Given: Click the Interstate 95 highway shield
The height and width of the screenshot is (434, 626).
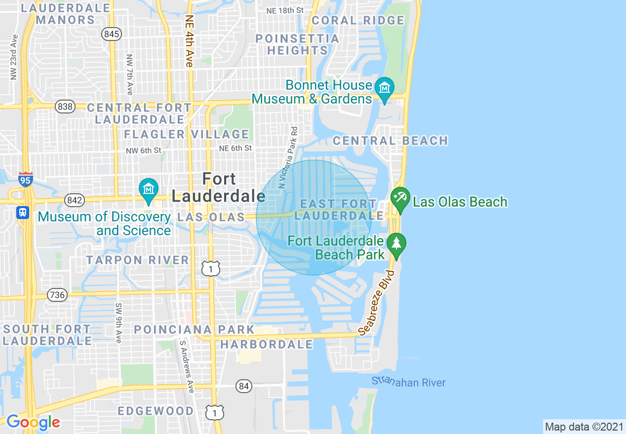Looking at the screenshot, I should (26, 179).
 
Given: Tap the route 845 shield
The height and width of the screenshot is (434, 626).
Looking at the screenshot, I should (112, 34).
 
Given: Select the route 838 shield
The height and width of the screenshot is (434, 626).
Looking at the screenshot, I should (65, 107).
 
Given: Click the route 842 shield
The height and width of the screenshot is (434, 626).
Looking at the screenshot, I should (75, 200).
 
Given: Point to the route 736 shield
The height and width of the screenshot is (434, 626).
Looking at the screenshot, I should (57, 295).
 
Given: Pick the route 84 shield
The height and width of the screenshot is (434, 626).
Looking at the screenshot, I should (243, 386).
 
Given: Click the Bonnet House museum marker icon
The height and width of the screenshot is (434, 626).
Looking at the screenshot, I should (384, 88).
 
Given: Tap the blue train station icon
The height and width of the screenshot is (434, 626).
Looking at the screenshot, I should (22, 213).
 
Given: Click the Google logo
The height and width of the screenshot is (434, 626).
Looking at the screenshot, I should (33, 422).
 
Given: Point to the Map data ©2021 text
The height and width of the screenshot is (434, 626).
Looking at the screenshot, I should (584, 426).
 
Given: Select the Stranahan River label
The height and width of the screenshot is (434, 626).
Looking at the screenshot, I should (408, 382).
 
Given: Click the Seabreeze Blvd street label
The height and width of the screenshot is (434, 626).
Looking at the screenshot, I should (377, 304).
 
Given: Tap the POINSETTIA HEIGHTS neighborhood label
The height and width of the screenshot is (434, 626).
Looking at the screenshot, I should (297, 44).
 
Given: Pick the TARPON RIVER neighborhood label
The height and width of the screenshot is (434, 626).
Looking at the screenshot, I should (138, 260).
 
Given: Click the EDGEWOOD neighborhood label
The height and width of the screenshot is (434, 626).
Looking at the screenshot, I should (156, 411).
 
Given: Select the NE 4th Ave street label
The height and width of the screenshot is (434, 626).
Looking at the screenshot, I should (189, 40).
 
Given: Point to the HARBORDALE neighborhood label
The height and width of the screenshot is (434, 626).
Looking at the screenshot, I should (267, 344).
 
